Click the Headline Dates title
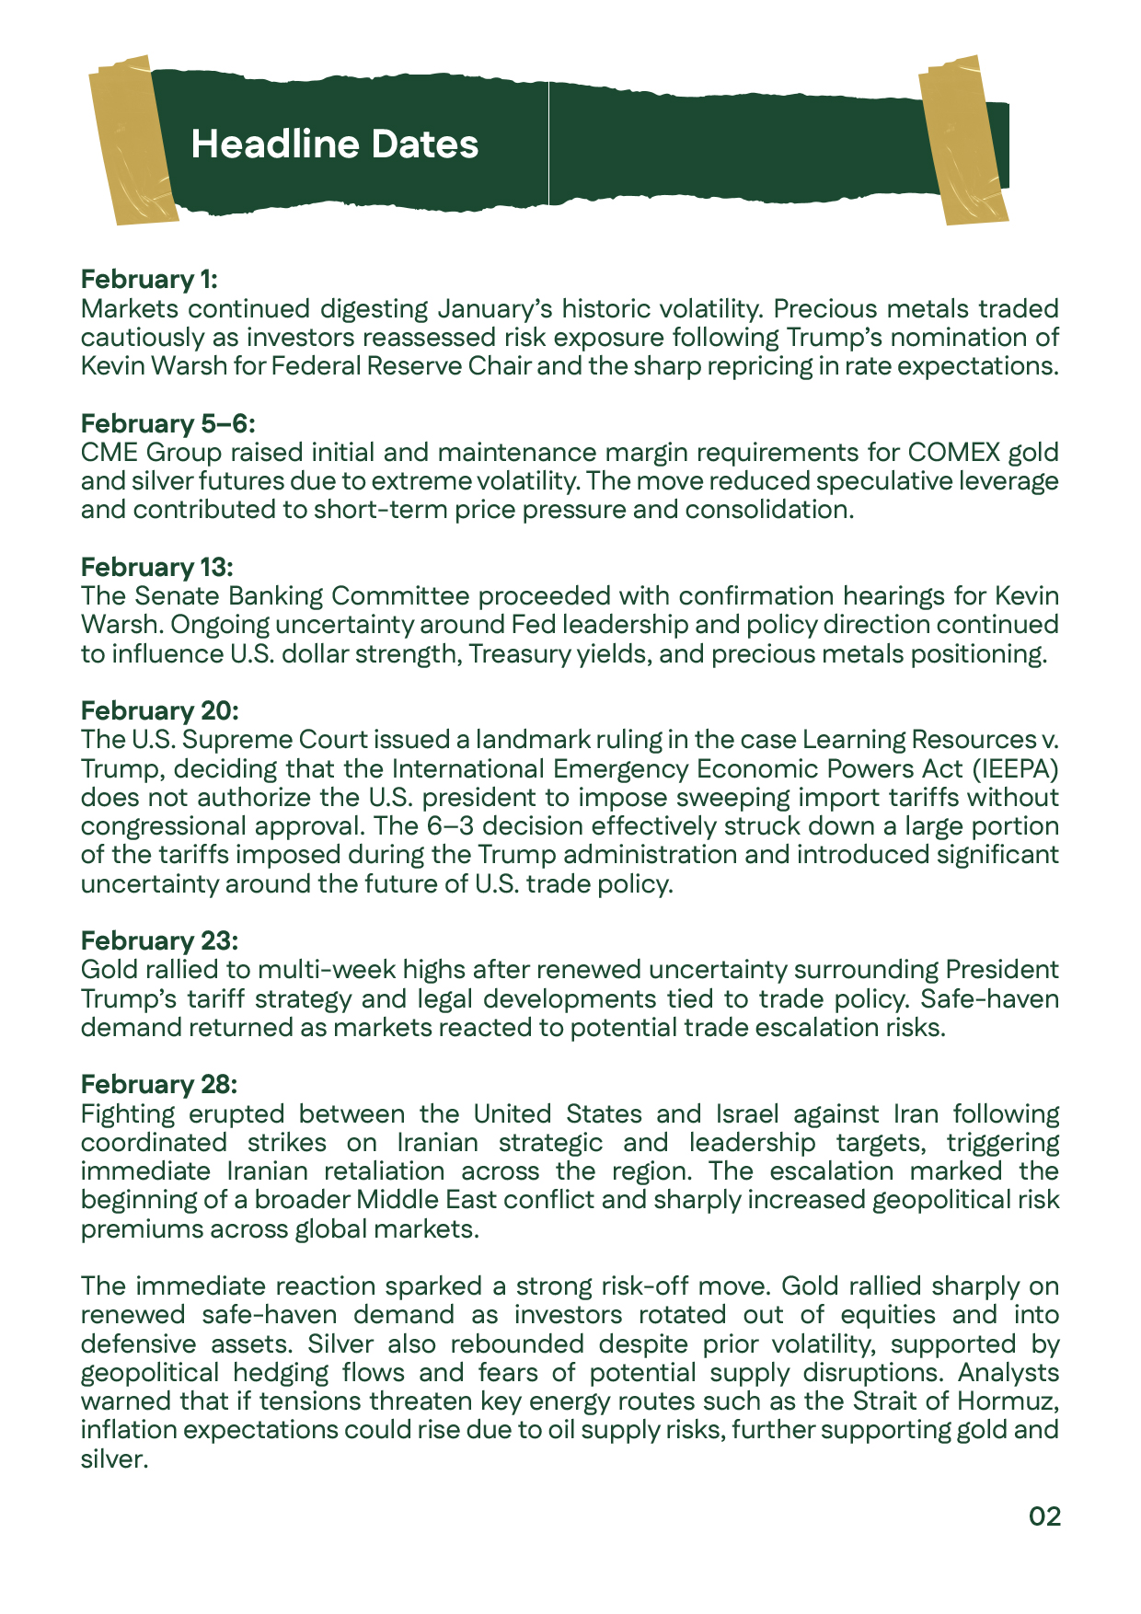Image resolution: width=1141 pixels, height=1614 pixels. [334, 144]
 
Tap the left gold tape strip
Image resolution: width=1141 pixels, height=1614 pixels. [133, 140]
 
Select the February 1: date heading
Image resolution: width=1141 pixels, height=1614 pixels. [149, 279]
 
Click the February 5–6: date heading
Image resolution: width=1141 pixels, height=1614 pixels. [167, 423]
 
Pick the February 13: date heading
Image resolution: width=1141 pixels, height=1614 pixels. [157, 567]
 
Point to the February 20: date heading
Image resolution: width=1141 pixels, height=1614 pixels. [160, 710]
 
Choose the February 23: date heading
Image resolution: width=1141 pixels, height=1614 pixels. [160, 940]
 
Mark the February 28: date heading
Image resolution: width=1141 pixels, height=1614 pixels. [160, 1084]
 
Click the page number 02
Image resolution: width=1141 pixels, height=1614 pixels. [1044, 1516]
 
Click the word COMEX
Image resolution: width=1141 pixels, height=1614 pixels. [952, 453]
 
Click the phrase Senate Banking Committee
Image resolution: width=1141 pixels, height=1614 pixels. [320, 596]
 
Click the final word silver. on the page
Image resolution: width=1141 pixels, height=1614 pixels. [114, 1459]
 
